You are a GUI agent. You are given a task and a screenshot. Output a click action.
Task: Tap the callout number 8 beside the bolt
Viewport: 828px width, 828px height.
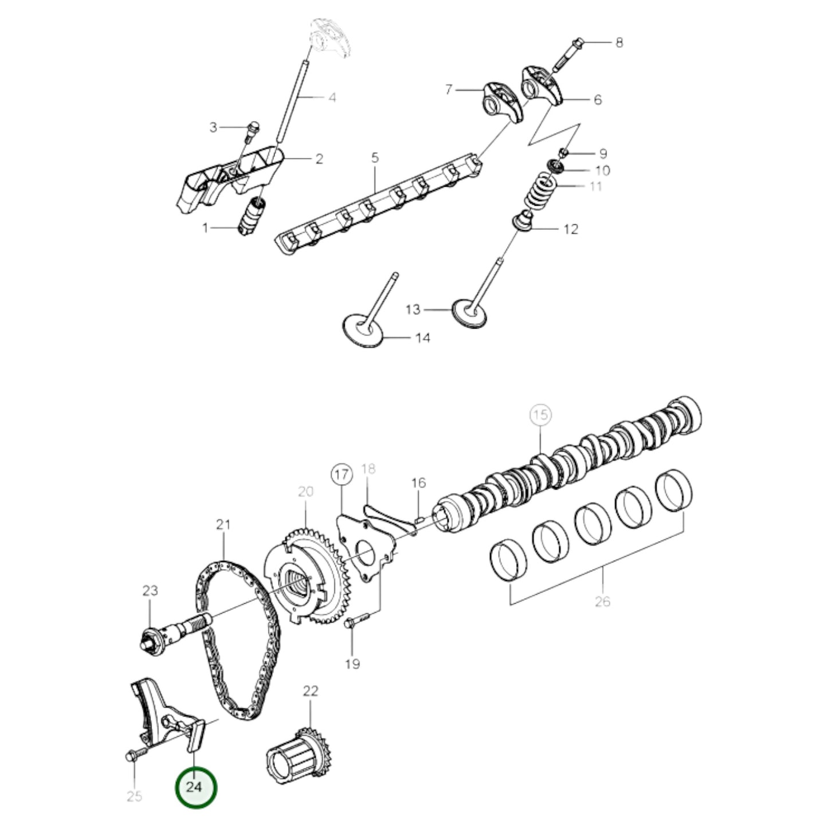619,42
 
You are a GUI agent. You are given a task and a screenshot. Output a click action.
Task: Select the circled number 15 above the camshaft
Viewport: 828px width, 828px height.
540,415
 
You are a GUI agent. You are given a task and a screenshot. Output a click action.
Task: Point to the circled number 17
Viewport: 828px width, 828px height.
342,475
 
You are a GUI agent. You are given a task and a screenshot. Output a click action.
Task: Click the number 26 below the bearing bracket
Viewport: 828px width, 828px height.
602,601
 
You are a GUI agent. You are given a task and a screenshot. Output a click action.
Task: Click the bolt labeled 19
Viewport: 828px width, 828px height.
355,623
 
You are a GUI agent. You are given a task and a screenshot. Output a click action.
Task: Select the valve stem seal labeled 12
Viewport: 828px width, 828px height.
524,221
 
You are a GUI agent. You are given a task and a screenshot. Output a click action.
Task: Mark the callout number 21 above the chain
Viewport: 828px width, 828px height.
223,524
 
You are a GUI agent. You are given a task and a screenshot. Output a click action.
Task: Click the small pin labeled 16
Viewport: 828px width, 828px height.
418,520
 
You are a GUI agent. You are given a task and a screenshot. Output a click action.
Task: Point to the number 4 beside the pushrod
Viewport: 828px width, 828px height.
332,97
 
